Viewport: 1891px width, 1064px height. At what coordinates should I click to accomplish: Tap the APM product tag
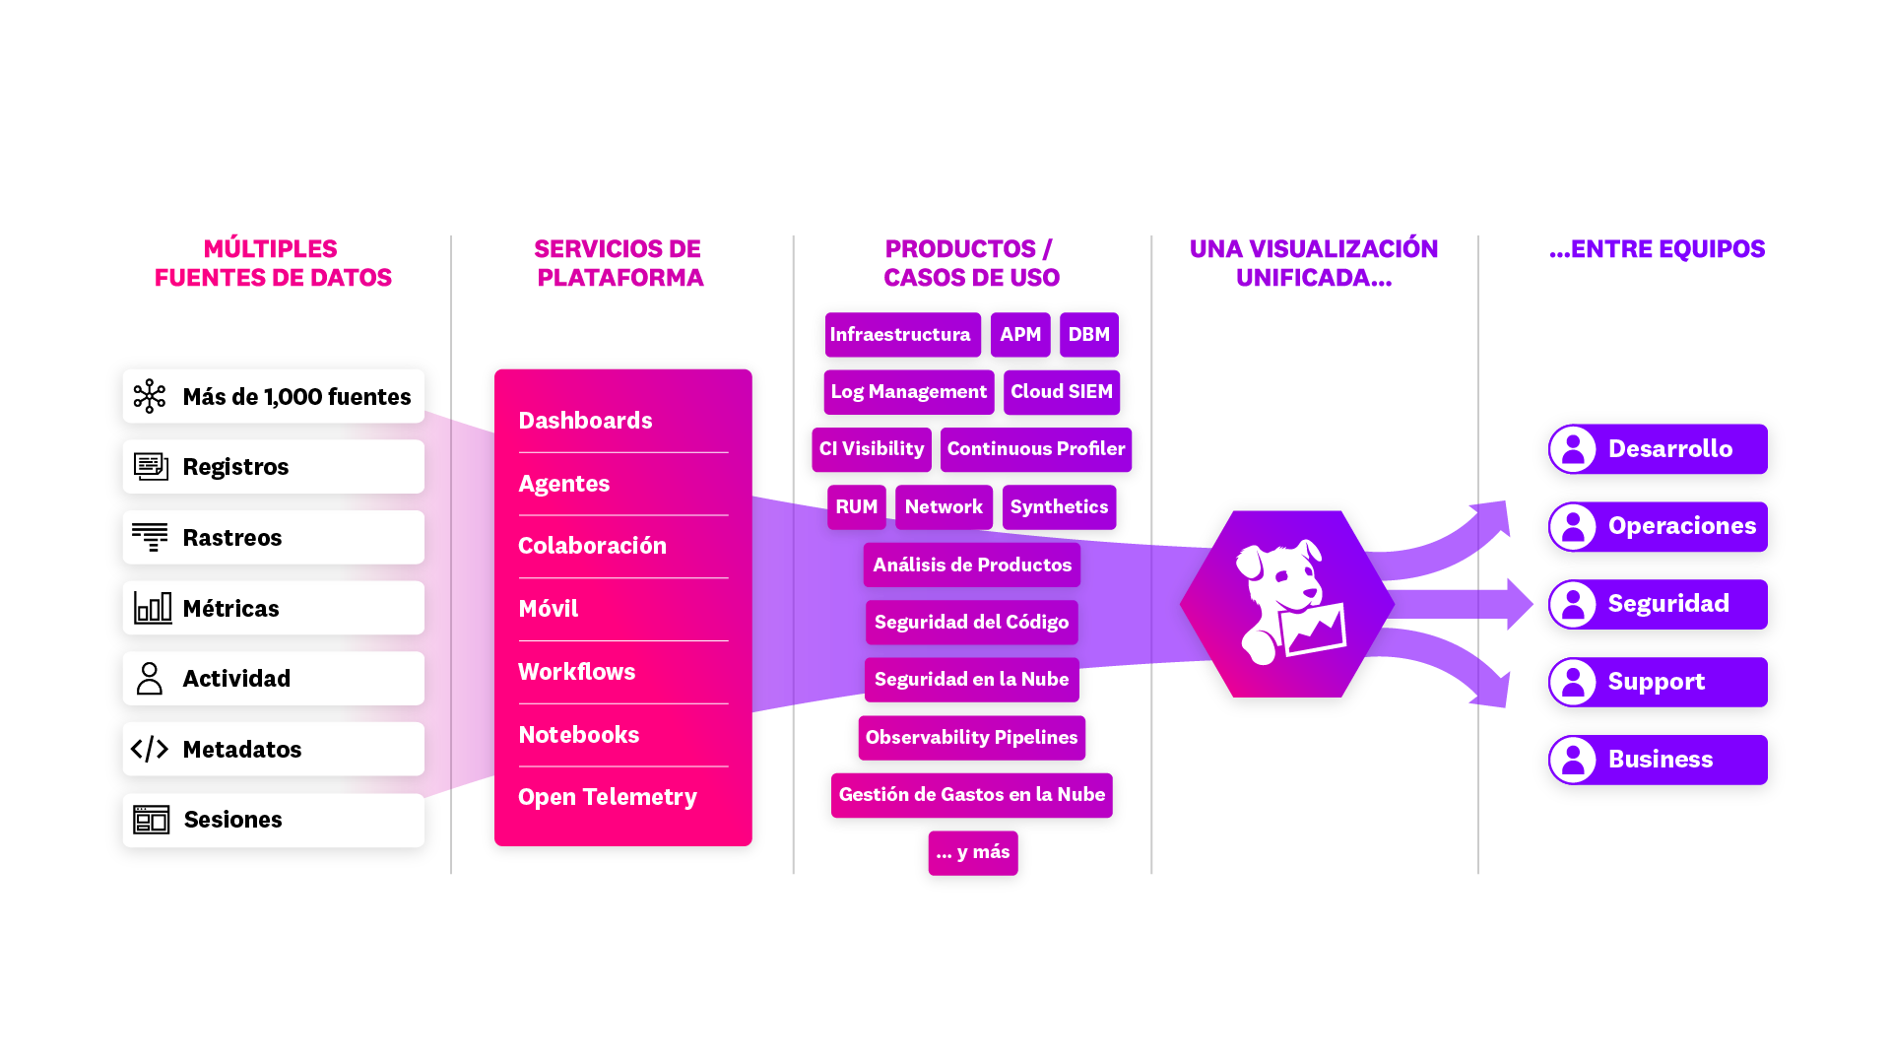tap(1020, 335)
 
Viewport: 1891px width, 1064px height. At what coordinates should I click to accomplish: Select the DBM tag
tap(1088, 335)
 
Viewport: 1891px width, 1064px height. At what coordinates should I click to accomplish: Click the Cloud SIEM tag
tap(1061, 392)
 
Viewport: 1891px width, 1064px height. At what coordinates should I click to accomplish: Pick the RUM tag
tap(856, 507)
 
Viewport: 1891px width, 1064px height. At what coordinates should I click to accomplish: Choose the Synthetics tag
tap(1059, 507)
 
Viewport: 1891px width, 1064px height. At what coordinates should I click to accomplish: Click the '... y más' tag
tap(973, 852)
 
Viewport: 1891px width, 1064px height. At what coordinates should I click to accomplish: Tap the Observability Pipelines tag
tap(971, 738)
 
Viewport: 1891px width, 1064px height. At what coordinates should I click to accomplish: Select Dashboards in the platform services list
tap(585, 421)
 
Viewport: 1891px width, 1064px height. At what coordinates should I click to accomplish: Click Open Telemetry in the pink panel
tap(607, 797)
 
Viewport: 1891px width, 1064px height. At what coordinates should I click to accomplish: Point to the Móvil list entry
tap(548, 609)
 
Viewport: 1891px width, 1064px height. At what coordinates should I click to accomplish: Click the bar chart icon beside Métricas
tap(153, 608)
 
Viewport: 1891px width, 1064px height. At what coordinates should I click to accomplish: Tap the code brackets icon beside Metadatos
tap(150, 750)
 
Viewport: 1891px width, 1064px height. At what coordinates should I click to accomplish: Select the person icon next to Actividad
tap(150, 679)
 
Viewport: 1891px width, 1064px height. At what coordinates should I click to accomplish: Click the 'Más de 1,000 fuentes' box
tap(273, 397)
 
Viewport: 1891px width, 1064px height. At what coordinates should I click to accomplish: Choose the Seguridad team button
tap(1659, 604)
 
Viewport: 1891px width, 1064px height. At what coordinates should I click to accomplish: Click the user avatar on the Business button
tap(1573, 760)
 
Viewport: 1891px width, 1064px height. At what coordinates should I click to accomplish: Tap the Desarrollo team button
tap(1659, 449)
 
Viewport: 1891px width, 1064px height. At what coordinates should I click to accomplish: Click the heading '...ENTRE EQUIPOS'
tap(1657, 249)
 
